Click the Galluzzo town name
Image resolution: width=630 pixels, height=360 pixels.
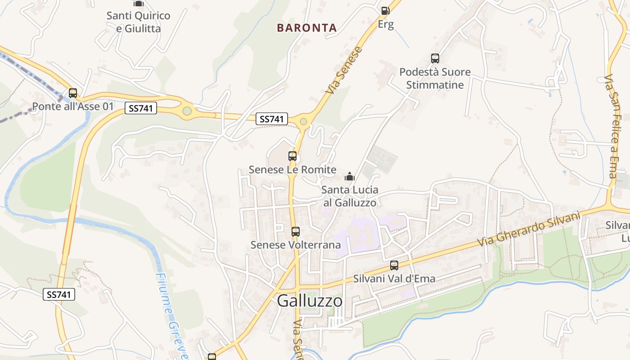click(x=310, y=301)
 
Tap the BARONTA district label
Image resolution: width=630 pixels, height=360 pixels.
click(x=307, y=28)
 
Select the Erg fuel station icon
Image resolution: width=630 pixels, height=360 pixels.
click(x=385, y=10)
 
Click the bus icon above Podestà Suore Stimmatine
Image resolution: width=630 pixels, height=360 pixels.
click(x=435, y=58)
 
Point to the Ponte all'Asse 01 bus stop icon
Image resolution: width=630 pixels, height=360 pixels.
click(x=73, y=94)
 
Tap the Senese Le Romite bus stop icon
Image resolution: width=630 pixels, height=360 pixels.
click(x=292, y=157)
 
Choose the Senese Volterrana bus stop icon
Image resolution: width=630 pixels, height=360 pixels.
click(x=295, y=232)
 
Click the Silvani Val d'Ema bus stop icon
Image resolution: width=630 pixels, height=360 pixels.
click(x=394, y=265)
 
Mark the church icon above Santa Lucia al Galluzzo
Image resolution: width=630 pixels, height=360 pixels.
click(x=350, y=177)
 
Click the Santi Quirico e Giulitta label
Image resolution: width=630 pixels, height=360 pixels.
click(x=139, y=22)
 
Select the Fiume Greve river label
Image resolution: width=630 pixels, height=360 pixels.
click(x=171, y=315)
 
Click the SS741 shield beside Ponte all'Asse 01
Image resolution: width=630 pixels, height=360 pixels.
click(x=140, y=108)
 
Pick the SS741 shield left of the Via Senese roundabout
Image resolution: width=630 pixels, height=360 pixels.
click(x=272, y=119)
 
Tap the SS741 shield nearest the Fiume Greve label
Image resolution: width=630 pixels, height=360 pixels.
click(x=59, y=294)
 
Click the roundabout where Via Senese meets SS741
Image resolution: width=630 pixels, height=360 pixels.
click(x=304, y=121)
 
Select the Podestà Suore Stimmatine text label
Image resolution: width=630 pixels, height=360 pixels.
click(x=435, y=78)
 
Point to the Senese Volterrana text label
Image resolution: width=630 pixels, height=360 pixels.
click(x=295, y=245)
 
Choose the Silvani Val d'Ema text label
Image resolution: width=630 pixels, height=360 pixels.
click(x=394, y=279)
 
